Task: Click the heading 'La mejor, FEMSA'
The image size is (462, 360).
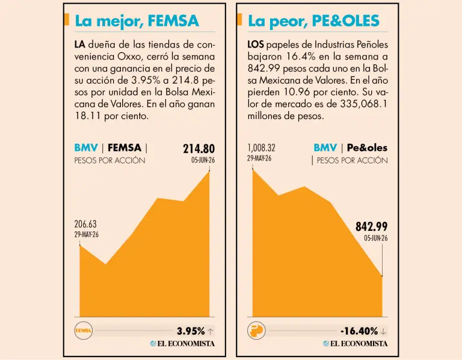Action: click(137, 21)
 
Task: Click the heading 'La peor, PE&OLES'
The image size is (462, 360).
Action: click(313, 21)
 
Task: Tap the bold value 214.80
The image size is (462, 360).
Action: click(199, 148)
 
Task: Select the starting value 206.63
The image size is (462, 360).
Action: click(85, 224)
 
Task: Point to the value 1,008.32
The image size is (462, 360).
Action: click(261, 148)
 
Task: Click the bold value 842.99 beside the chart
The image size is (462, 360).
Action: click(372, 227)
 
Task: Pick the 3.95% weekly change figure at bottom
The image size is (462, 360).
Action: click(191, 331)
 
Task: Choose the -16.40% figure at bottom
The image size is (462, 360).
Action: click(359, 331)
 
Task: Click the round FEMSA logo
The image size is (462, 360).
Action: click(84, 331)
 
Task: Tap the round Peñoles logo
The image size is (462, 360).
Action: click(256, 331)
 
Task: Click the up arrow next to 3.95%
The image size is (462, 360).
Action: click(211, 332)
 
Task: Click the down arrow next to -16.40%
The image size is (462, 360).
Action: click(383, 332)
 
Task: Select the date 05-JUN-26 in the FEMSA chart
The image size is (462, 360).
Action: click(203, 160)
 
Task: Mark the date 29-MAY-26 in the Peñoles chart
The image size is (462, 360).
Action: click(259, 159)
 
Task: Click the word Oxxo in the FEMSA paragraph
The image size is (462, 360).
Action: click(129, 56)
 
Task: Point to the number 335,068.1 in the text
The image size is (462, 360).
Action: click(364, 104)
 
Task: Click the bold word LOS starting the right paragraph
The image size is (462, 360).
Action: click(256, 44)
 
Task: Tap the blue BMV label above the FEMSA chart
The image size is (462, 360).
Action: click(86, 147)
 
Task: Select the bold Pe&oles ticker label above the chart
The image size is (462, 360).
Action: click(367, 147)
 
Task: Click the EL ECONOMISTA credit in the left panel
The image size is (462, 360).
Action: click(182, 344)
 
